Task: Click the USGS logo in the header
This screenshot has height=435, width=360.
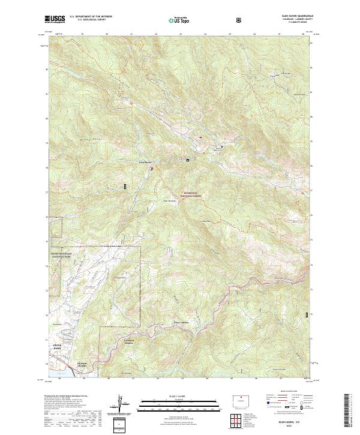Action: [55, 19]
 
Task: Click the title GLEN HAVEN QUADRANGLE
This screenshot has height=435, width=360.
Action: [292, 16]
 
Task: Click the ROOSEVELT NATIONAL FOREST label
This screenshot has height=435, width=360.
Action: [194, 194]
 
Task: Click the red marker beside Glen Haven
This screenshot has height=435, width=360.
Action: [152, 169]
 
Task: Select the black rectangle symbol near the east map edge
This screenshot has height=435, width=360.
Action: [308, 314]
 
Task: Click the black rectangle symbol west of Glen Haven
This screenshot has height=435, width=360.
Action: [125, 187]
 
